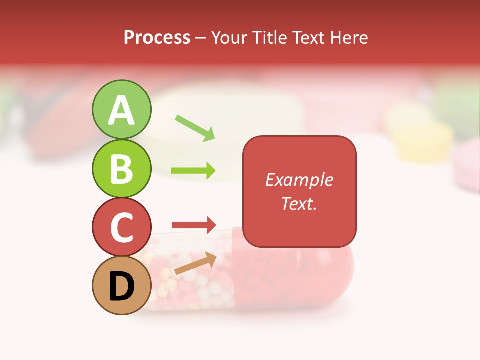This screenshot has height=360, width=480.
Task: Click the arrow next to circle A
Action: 195,128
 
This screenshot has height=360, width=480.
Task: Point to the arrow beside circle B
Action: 193,171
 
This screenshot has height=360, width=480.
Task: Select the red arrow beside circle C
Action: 193,224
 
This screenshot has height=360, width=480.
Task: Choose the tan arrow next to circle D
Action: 195,263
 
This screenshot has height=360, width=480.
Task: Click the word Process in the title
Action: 157,37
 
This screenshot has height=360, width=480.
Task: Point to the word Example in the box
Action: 299,180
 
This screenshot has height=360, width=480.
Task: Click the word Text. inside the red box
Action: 299,203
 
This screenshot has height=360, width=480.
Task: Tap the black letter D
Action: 121,286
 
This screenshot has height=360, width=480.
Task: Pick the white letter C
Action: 121,227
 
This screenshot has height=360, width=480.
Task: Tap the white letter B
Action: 121,169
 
